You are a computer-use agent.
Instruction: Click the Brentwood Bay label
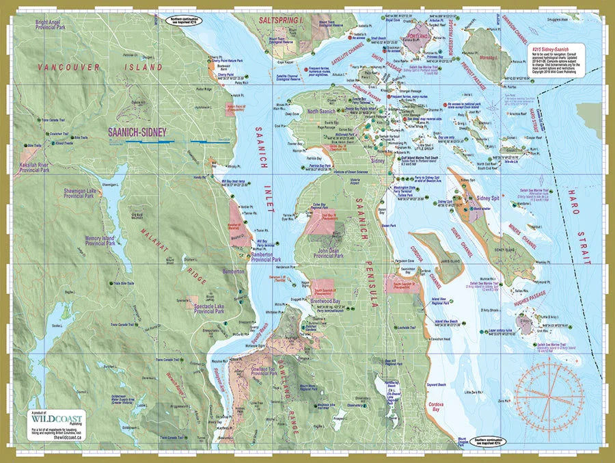point(325,300)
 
